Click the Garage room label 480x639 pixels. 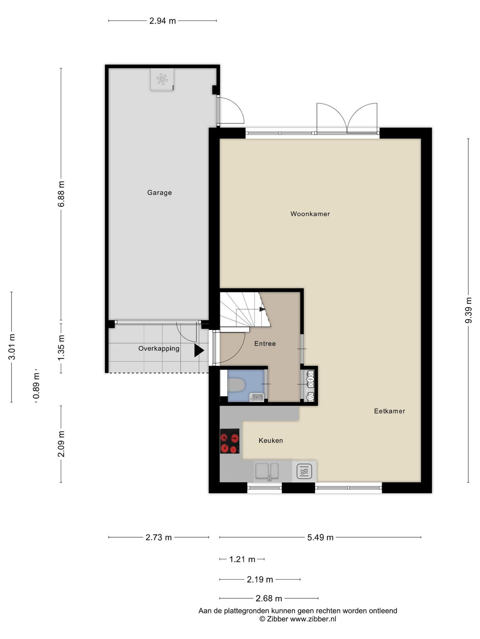[x=159, y=193]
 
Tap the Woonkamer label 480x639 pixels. [x=310, y=214]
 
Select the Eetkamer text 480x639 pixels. [x=389, y=411]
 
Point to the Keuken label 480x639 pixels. [x=271, y=440]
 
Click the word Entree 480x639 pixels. [x=265, y=344]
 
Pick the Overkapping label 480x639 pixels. [x=159, y=349]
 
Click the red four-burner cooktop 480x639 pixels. [x=230, y=441]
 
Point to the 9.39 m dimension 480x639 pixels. [x=468, y=310]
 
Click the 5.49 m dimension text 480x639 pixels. [x=320, y=537]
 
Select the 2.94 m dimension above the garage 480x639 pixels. [x=162, y=21]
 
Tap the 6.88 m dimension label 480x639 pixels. [x=61, y=193]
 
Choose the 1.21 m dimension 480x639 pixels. [x=242, y=559]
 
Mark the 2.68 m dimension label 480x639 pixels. [x=269, y=598]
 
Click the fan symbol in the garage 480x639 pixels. [x=162, y=79]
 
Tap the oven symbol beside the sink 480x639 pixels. [x=304, y=471]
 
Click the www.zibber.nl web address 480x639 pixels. [x=313, y=619]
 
